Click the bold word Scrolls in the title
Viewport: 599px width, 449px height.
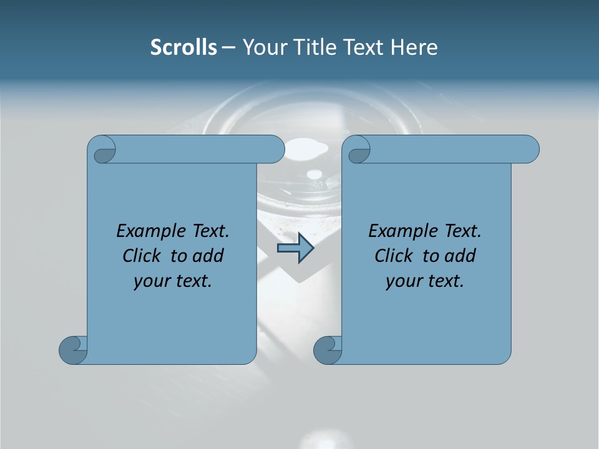point(184,47)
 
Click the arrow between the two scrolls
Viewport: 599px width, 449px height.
point(295,248)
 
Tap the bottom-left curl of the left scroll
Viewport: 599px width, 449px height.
point(74,350)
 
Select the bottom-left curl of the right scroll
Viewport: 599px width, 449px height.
point(328,350)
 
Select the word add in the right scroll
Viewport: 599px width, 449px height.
point(460,256)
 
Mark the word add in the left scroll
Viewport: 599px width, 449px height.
point(208,256)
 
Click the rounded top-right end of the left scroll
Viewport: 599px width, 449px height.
point(275,150)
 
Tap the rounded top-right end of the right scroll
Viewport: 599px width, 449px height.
point(529,150)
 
